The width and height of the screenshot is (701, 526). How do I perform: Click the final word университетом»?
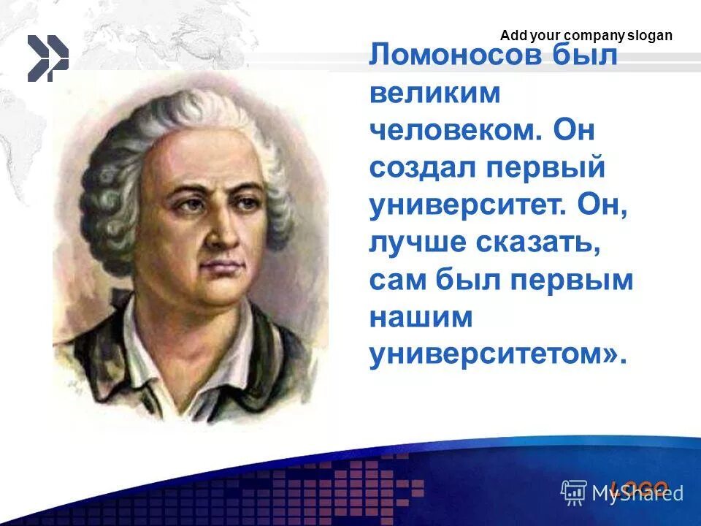[497, 355]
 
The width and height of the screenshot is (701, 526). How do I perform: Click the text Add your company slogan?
[586, 36]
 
